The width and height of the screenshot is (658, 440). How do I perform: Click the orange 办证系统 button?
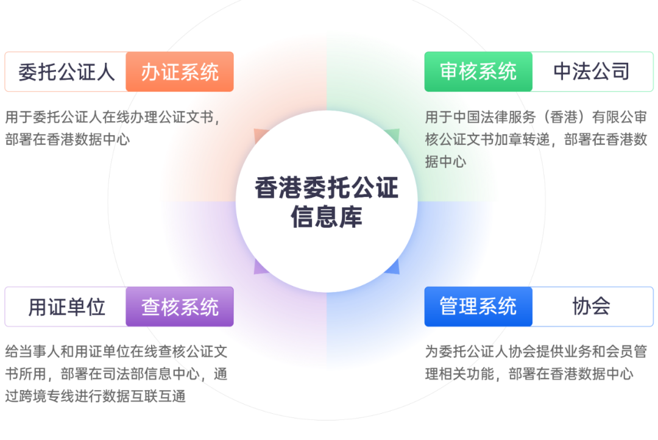pos(180,72)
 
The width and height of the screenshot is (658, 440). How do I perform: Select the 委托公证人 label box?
pos(66,72)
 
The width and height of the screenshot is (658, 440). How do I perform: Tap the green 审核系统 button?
pos(478,72)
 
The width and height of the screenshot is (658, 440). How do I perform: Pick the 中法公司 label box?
pos(592,72)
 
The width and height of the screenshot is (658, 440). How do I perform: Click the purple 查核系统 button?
pos(180,307)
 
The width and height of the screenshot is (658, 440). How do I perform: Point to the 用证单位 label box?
pos(66,307)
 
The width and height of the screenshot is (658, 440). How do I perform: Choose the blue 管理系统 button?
pos(478,307)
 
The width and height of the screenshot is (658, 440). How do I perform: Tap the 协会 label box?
pos(592,307)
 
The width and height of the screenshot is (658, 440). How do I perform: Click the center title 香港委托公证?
pos(327,188)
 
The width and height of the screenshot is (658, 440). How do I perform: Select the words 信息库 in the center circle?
pos(327,217)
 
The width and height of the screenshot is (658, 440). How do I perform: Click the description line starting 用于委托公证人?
pos(113,116)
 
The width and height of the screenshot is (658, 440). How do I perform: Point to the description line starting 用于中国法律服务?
pos(536,116)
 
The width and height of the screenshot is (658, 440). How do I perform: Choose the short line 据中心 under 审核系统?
pos(445,161)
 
